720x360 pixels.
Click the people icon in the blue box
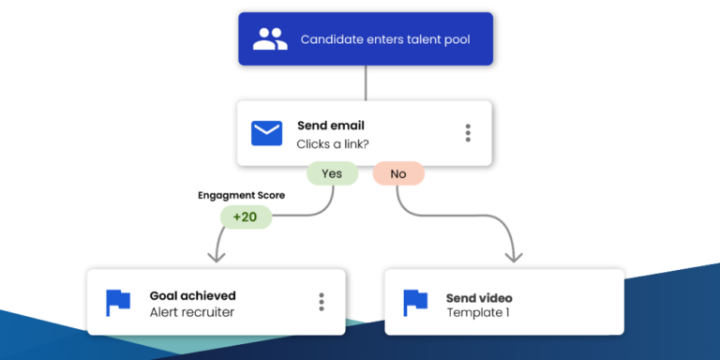click(x=269, y=39)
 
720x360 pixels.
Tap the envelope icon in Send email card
click(x=267, y=133)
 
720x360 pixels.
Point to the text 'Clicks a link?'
click(x=332, y=143)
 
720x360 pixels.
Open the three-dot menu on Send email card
click(x=468, y=133)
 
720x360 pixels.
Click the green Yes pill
click(x=332, y=173)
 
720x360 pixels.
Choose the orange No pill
click(x=398, y=173)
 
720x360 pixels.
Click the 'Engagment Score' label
click(x=241, y=195)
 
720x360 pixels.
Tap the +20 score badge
click(x=246, y=217)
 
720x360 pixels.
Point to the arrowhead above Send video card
click(x=512, y=255)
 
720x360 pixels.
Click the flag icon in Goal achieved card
click(x=118, y=302)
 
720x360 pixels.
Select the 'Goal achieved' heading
click(x=192, y=295)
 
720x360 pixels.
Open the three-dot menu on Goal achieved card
click(x=321, y=302)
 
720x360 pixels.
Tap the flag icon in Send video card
click(x=415, y=302)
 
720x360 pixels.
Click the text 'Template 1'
click(x=478, y=312)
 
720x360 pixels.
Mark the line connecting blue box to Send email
click(x=366, y=82)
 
